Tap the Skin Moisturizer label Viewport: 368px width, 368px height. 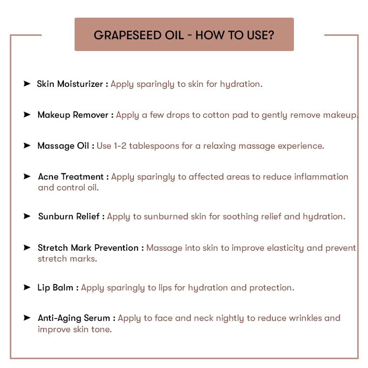[70, 84]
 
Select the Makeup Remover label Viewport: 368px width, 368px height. [73, 115]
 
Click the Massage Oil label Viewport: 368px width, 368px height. [63, 146]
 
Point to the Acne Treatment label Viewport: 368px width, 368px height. [71, 177]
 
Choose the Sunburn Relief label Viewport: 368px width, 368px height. [69, 216]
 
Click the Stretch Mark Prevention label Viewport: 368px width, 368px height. [88, 248]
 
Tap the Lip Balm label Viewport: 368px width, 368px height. [55, 288]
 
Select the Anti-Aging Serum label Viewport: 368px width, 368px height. [74, 318]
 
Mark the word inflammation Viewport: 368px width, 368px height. [321, 177]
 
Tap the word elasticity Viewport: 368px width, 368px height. [268, 248]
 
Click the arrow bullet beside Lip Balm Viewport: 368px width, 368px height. [27, 287]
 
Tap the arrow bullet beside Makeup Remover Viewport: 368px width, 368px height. [27, 114]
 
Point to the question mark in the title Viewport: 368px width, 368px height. [271, 35]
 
